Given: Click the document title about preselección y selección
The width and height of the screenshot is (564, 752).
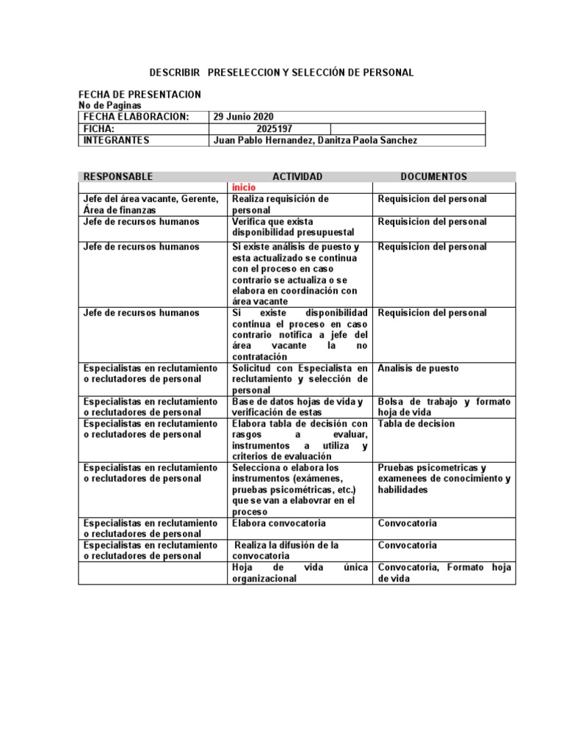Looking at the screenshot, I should [281, 73].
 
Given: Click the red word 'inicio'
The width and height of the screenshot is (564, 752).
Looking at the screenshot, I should [245, 187].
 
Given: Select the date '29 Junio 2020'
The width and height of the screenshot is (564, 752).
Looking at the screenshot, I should [243, 117].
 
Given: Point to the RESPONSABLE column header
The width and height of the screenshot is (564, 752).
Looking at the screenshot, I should [118, 176].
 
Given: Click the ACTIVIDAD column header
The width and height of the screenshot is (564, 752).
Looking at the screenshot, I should [297, 176].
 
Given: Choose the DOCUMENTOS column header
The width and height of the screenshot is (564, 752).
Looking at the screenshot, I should [433, 176].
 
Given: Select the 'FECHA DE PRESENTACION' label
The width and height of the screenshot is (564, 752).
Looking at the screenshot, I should [140, 95].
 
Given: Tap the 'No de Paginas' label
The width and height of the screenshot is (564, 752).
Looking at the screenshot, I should [109, 106].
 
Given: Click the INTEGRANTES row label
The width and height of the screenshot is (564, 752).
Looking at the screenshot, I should [117, 140].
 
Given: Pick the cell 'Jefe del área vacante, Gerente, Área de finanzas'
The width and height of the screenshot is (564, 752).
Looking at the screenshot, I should [151, 204].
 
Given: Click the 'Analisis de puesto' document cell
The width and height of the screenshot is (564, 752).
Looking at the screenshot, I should [418, 368].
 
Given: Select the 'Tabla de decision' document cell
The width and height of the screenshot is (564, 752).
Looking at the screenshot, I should [416, 424].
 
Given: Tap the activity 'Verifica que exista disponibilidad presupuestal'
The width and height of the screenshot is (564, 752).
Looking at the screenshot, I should [283, 226].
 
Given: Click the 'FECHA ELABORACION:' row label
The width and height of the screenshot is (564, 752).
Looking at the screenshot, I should [136, 117].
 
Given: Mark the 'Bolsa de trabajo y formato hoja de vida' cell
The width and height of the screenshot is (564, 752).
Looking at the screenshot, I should [444, 407].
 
